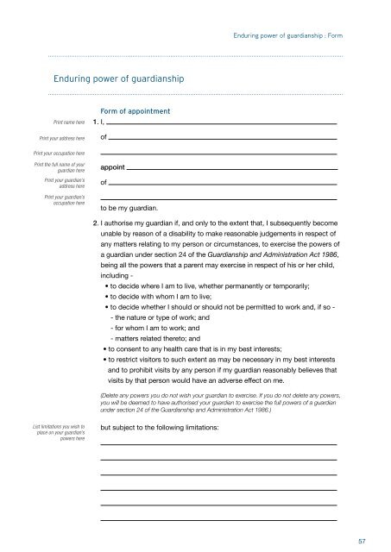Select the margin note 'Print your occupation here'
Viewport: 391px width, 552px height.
pos(54,153)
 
